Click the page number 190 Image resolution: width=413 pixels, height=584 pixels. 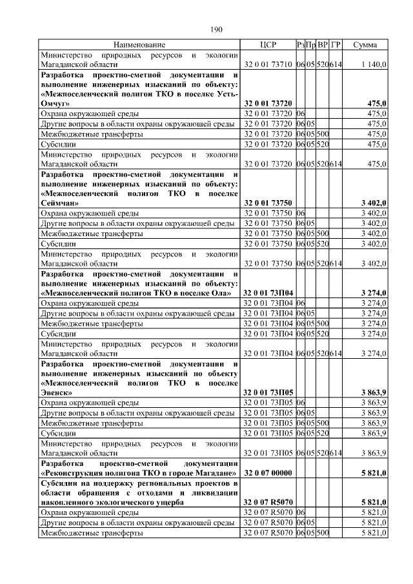pyautogui.click(x=216, y=30)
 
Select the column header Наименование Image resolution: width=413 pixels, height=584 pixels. pyautogui.click(x=139, y=45)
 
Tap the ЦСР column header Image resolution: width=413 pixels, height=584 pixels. pyautogui.click(x=267, y=45)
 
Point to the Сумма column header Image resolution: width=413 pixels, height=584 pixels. pyautogui.click(x=365, y=45)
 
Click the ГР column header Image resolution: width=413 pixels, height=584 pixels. pyautogui.click(x=336, y=45)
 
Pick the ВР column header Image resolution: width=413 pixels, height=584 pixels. pyautogui.click(x=323, y=45)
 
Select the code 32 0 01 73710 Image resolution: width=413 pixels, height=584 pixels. pyautogui.click(x=268, y=65)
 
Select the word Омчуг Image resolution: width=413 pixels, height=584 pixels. pyautogui.click(x=55, y=103)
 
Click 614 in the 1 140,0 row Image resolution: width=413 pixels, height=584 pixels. pyautogui.click(x=336, y=65)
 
